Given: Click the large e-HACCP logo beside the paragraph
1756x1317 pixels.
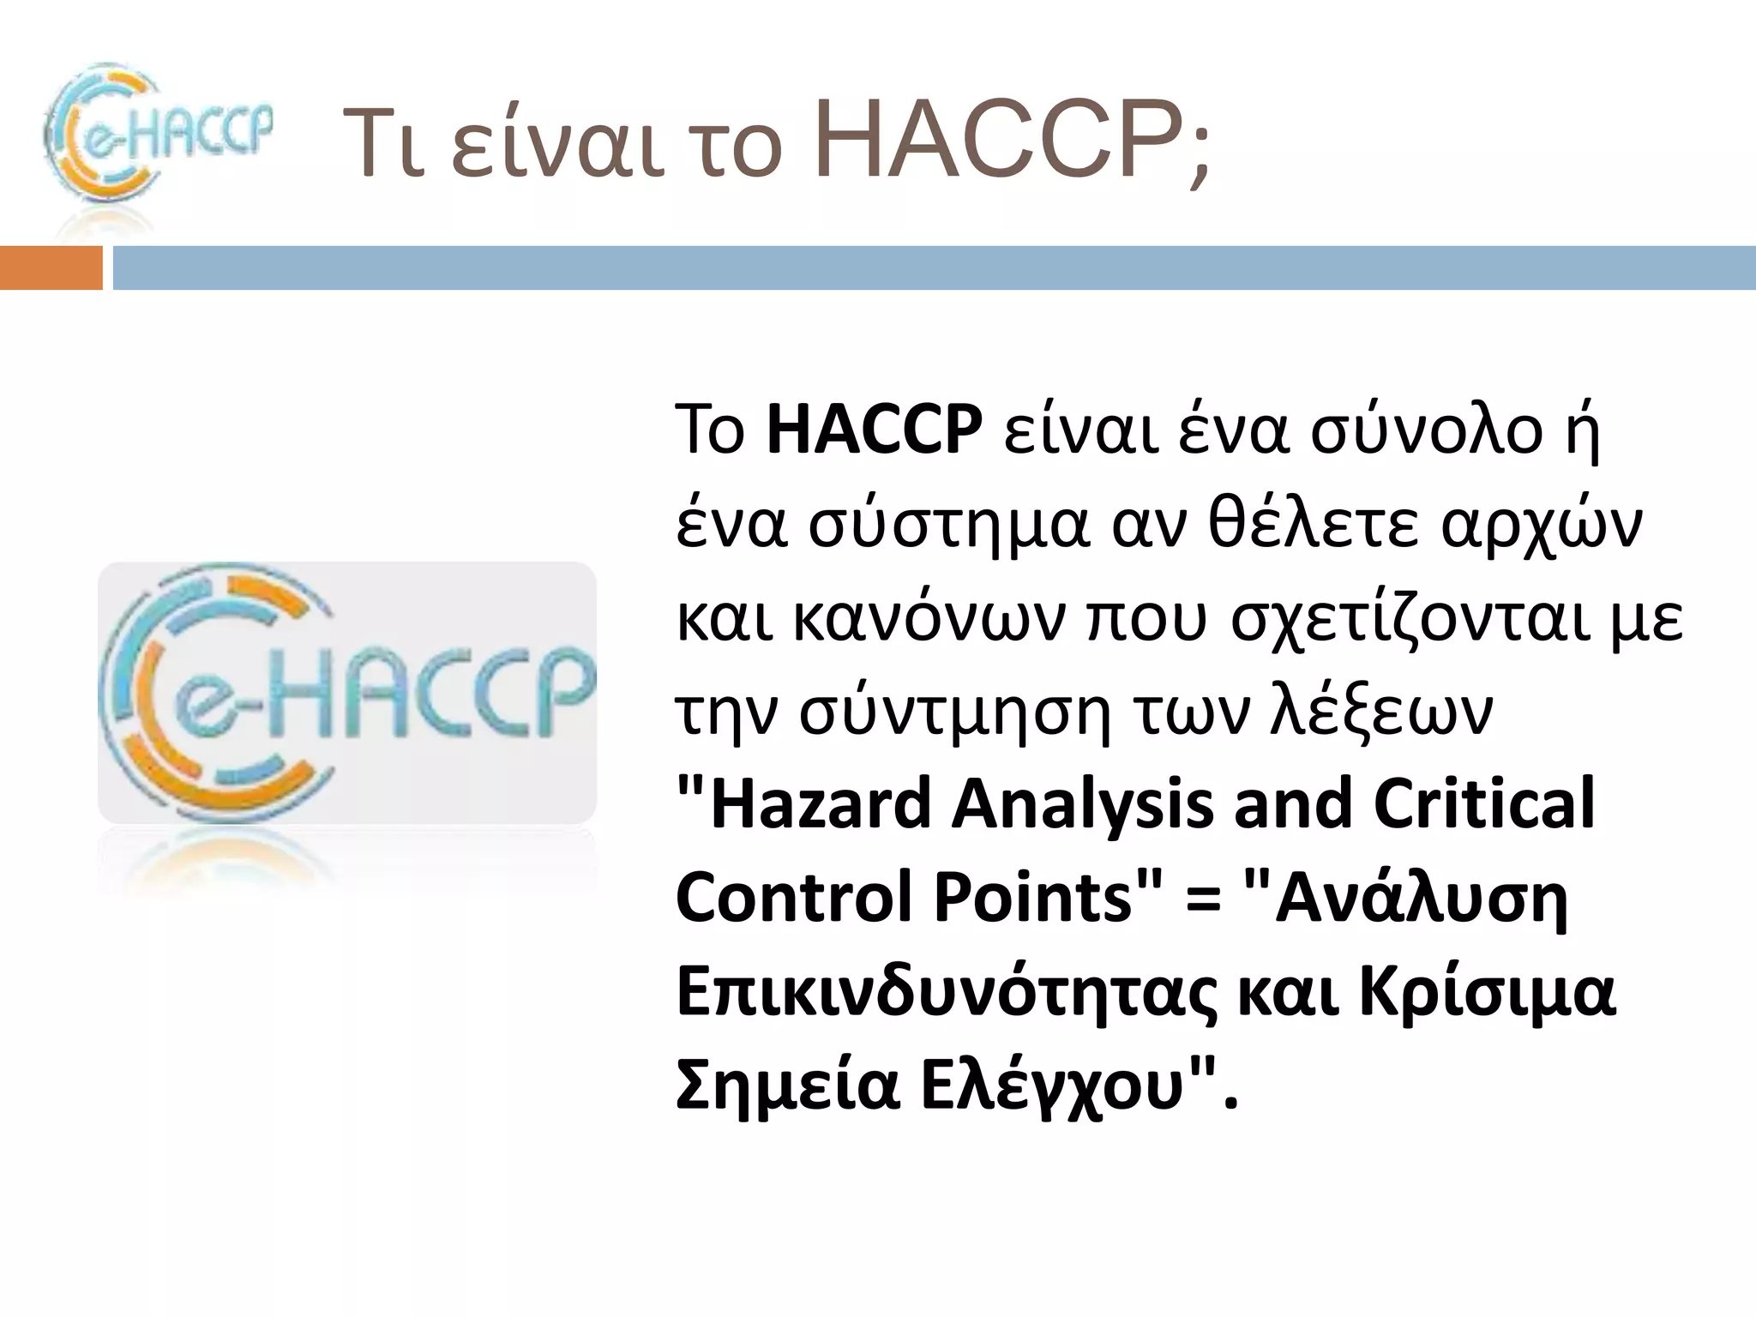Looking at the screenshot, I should pos(347,693).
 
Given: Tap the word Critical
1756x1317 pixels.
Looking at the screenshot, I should pos(1484,804).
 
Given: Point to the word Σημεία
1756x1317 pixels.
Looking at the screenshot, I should pos(789,1087).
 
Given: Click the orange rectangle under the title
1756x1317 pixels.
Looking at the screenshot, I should pos(51,268).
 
